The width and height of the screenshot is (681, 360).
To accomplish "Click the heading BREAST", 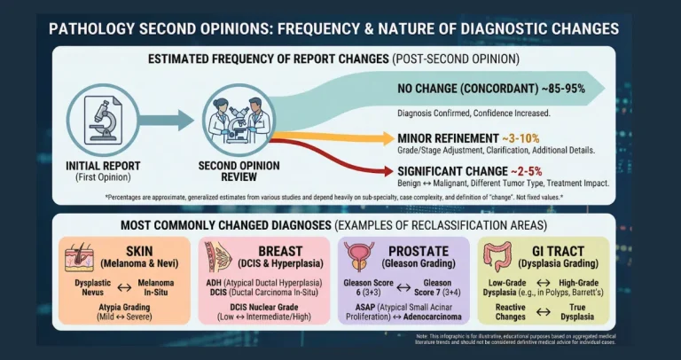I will click(x=279, y=251).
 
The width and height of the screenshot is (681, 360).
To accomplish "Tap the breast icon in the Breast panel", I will click(x=217, y=258).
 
